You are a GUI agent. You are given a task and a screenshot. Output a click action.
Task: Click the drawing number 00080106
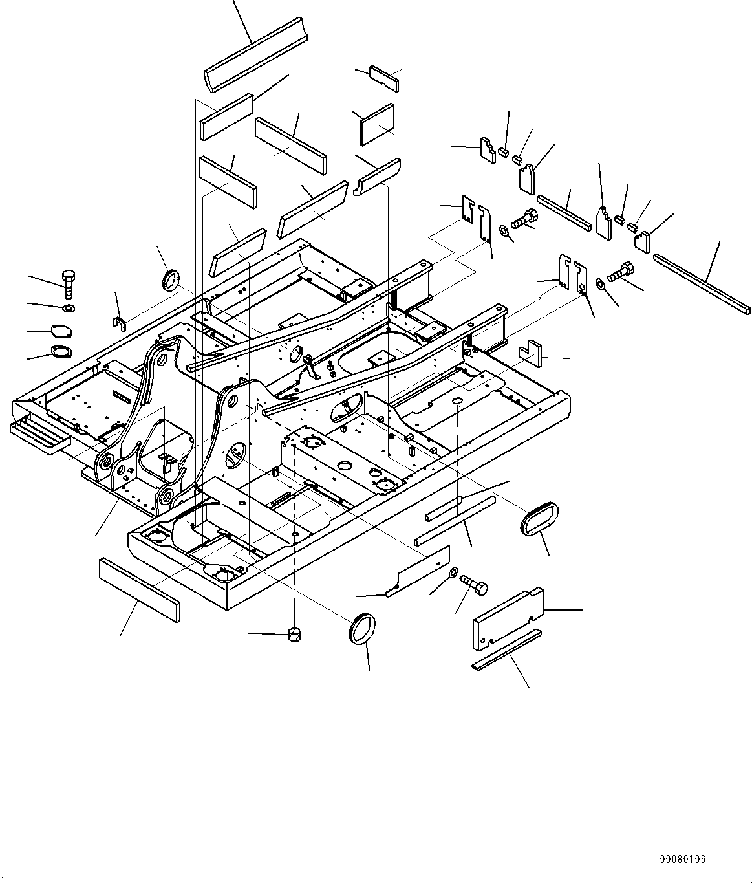coord(682,859)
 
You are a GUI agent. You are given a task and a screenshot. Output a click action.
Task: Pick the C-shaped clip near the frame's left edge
coord(119,322)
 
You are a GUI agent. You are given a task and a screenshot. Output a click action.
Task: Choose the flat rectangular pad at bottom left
coord(139,589)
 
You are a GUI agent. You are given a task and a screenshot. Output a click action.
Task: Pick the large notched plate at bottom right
coord(508,618)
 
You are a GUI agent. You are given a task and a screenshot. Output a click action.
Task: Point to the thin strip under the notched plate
coord(506,649)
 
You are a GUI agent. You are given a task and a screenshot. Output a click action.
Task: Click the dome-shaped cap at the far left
coord(61,331)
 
